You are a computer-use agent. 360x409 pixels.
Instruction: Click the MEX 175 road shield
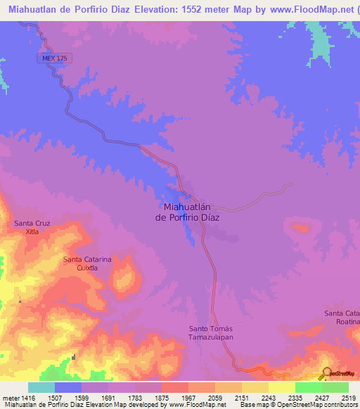53,59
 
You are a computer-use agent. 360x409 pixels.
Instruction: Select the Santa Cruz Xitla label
32,227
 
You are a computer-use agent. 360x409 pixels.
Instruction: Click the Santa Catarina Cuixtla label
87,263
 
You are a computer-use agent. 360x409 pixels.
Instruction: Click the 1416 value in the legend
27,397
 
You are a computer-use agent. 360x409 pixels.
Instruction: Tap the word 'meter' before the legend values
9,397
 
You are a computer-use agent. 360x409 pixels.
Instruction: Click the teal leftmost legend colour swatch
41,387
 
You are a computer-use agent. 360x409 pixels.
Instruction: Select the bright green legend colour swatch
308,387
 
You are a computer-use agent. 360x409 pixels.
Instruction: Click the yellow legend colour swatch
281,387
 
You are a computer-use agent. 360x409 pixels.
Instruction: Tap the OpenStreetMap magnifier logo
326,373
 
